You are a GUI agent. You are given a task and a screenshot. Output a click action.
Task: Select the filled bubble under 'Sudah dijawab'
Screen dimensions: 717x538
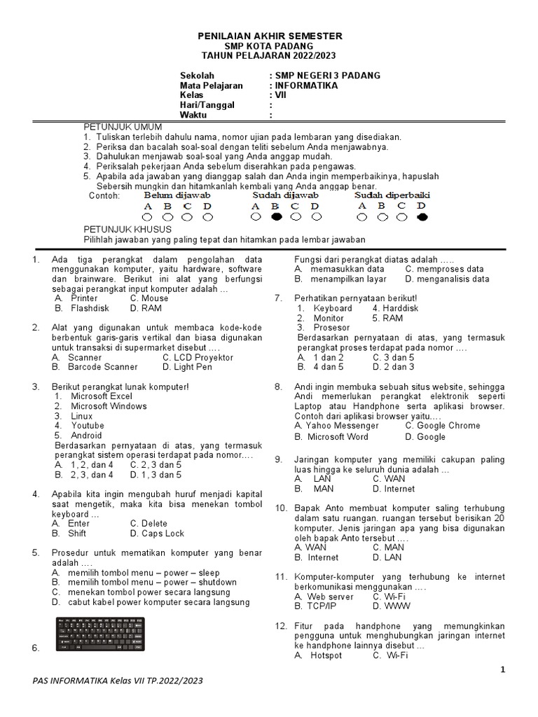click(x=276, y=218)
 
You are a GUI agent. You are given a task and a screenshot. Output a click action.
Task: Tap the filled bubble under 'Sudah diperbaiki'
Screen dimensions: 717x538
click(x=422, y=218)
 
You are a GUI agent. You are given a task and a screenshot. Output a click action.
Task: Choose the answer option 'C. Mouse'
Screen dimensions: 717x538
click(x=149, y=298)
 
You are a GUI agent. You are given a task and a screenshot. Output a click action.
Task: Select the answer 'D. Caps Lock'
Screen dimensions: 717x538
click(x=157, y=533)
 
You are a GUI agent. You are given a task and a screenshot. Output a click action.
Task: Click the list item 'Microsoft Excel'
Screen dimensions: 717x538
click(x=101, y=396)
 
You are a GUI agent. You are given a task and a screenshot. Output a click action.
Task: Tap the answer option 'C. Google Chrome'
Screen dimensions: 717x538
click(x=443, y=426)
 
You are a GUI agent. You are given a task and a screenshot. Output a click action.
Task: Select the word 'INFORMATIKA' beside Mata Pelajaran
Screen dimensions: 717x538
click(x=305, y=85)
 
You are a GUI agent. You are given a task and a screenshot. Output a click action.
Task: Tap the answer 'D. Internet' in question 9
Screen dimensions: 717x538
click(x=394, y=489)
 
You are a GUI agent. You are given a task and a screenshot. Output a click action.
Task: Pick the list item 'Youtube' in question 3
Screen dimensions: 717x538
click(x=87, y=426)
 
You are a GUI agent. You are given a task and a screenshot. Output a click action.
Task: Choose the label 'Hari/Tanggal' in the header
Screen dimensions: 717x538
click(x=207, y=105)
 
